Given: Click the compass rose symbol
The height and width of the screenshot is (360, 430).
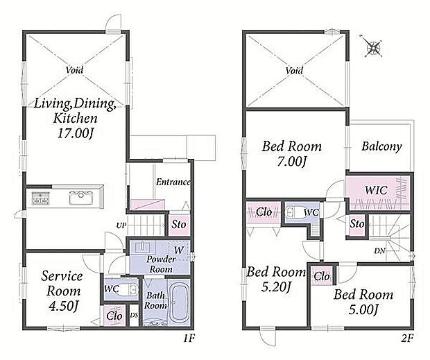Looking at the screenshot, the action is point(374,47).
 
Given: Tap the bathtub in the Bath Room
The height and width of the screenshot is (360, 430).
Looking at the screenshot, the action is point(179,302).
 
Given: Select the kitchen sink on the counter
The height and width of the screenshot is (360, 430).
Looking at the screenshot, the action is point(81,198).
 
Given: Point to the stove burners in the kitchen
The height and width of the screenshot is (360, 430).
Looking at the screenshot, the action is point(41,198).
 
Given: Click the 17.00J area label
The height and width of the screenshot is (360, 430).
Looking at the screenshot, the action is point(76,134).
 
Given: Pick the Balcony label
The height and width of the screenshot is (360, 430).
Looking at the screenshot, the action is point(381,146).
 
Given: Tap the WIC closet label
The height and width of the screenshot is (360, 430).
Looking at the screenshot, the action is point(376,190).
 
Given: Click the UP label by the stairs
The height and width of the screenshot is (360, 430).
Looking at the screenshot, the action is point(121,225).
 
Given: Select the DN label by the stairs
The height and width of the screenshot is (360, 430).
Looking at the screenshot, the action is point(380,250).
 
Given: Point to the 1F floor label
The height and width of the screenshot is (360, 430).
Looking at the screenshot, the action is point(189,338).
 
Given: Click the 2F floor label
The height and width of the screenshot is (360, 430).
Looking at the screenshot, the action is point(407,338).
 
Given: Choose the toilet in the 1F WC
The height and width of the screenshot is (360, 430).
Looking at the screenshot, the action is point(127,289).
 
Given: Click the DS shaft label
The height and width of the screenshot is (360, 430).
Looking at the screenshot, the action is point(134,316).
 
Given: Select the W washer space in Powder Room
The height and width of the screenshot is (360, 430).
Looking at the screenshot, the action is point(178,250).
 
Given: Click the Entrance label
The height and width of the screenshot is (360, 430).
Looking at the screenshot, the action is point(173,182).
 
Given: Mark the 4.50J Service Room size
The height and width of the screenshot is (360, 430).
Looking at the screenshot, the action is point(64,307).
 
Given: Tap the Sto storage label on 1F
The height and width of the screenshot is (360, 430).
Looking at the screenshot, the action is point(178,225).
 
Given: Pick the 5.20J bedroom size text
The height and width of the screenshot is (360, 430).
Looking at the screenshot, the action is point(275,286).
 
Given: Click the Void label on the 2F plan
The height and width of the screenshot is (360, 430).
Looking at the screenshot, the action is point(294,71).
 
